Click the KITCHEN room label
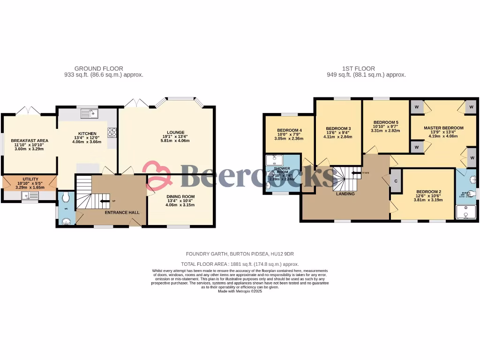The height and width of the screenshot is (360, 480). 87,134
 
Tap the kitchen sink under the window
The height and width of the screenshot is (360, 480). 89,113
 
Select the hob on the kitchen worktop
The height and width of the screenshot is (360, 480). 112,132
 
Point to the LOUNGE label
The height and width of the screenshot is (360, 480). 175,132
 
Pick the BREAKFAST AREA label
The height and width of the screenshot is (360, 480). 30,141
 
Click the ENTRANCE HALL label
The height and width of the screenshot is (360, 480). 122,212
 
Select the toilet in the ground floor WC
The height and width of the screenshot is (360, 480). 66,197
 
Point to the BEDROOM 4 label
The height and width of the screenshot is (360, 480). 289,130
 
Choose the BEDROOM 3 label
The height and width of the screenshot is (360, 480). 338,128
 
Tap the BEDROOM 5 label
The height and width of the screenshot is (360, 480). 385,122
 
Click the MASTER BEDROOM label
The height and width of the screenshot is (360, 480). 443,128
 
